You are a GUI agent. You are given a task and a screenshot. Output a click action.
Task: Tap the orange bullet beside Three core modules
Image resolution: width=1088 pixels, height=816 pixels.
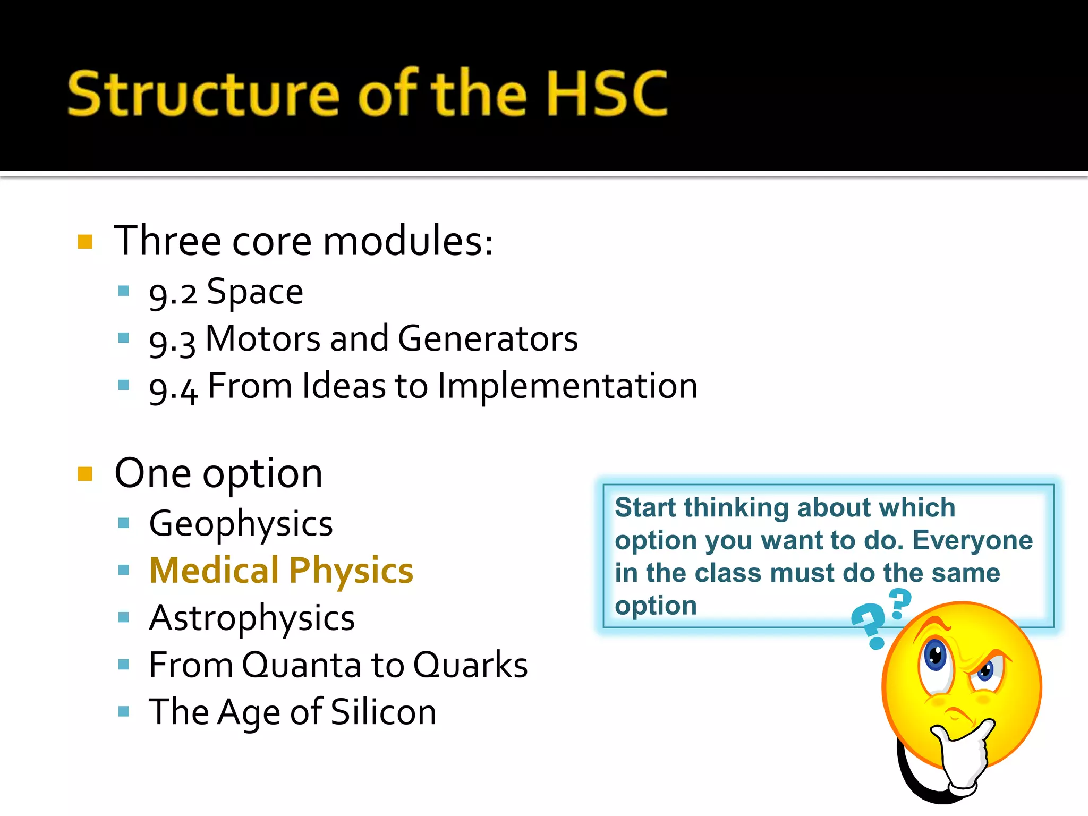85,242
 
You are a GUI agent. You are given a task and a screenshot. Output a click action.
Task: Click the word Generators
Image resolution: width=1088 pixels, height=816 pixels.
488,339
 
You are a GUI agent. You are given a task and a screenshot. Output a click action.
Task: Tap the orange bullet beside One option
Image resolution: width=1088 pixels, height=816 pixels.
85,473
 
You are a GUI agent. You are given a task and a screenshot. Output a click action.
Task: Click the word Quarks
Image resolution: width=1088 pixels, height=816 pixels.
470,665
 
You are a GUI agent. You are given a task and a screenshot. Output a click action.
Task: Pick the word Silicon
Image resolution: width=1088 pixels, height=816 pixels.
383,712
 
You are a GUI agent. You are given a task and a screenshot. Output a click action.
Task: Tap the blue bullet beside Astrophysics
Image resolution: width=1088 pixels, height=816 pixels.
124,617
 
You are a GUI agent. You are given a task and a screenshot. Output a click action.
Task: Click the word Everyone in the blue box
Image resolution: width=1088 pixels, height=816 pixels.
972,541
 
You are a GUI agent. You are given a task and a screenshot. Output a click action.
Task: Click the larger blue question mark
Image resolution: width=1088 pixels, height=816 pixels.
869,624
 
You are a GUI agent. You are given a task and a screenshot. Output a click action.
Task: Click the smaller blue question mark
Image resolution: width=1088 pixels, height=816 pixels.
900,603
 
